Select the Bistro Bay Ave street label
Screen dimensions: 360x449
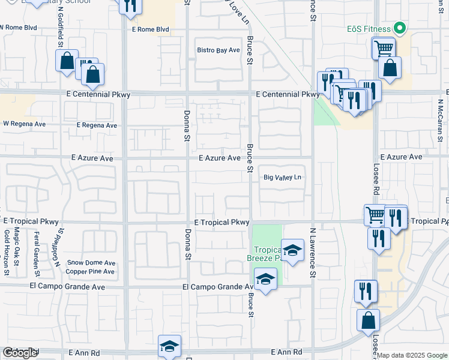[x=218, y=50]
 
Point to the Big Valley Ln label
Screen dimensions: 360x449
[x=283, y=178]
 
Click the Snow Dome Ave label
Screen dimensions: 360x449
[x=91, y=263]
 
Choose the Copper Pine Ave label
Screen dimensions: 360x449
[x=90, y=272]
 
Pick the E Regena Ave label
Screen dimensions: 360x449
[x=97, y=125]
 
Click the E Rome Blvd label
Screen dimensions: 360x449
[x=151, y=29]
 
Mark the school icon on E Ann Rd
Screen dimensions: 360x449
[x=170, y=346]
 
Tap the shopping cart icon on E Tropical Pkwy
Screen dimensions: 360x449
[x=375, y=214]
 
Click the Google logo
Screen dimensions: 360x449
[x=20, y=353]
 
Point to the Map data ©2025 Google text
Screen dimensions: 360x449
[x=412, y=355]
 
